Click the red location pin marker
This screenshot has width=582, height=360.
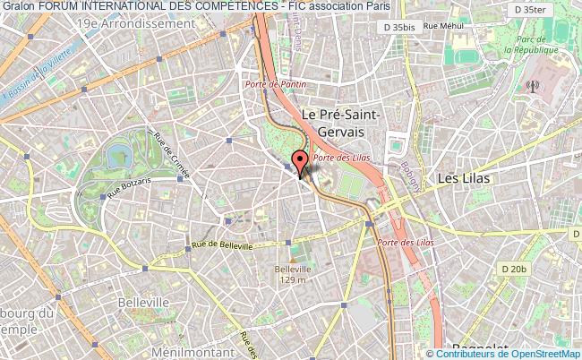coord(300,163)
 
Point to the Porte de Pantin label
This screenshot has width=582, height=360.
coord(277,84)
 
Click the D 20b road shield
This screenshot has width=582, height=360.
coord(514,269)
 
